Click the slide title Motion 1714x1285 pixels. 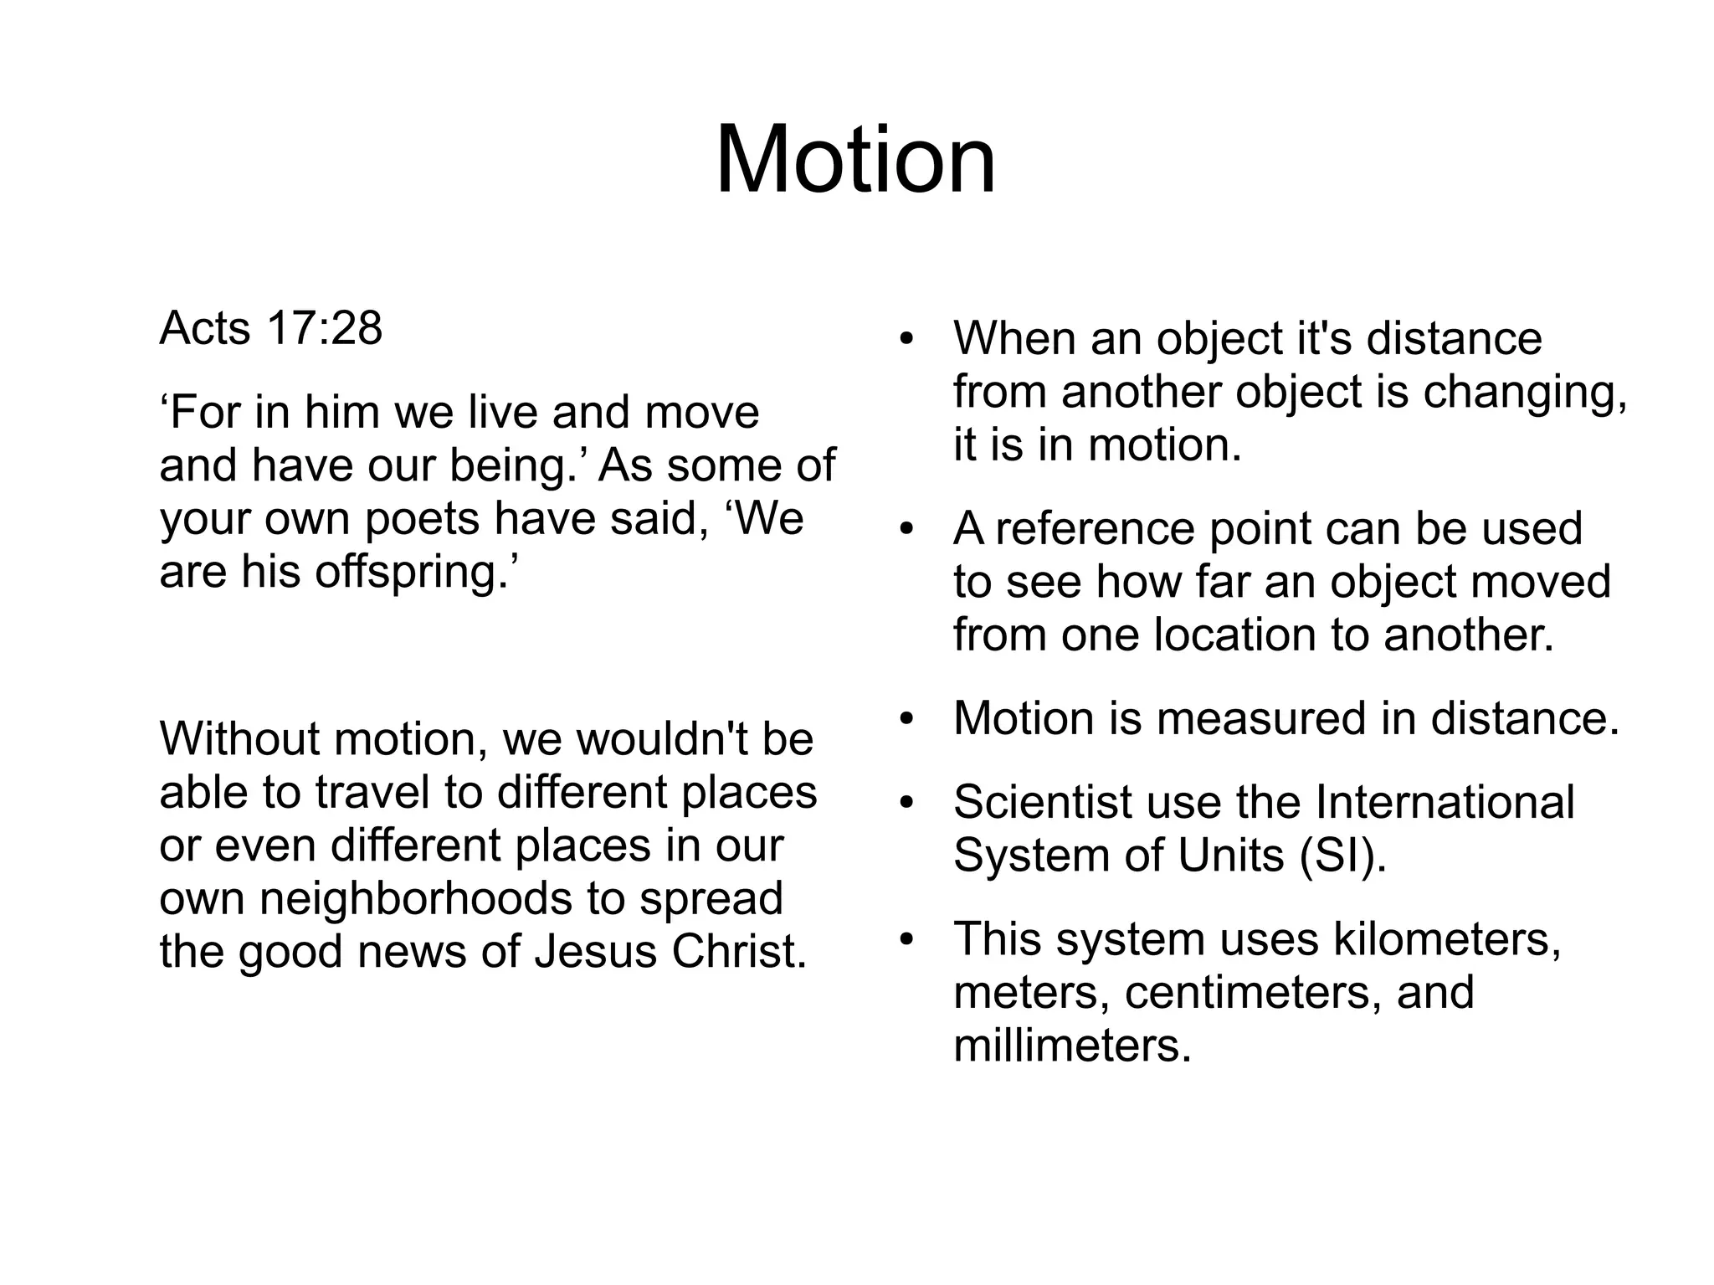tap(855, 159)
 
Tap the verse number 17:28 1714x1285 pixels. tap(325, 328)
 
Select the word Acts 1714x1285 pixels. tap(204, 328)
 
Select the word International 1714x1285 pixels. tap(1445, 802)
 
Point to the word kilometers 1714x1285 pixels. tap(1447, 938)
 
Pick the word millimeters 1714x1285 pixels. tap(1072, 1046)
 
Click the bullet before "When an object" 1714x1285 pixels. tap(906, 341)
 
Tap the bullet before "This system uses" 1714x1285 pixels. tap(906, 940)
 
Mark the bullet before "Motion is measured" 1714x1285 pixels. tap(906, 720)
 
